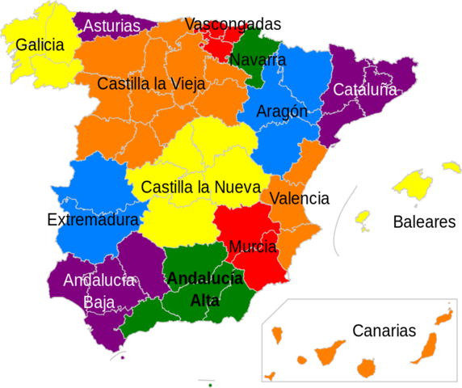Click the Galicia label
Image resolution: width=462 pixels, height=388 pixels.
(x=40, y=45)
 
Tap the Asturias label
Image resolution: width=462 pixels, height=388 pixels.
(x=111, y=26)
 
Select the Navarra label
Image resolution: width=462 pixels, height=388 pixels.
(x=257, y=60)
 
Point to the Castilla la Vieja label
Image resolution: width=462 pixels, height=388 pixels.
(x=151, y=83)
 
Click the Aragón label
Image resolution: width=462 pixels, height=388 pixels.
(x=282, y=112)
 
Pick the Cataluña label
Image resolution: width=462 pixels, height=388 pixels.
(x=365, y=90)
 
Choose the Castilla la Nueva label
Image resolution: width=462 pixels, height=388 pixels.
(x=200, y=187)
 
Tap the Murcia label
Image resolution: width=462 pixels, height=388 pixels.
(x=253, y=247)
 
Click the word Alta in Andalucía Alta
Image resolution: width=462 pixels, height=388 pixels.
(x=204, y=301)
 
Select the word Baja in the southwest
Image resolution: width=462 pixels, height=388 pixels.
(x=99, y=302)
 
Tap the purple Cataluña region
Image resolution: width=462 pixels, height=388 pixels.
(x=355, y=113)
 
